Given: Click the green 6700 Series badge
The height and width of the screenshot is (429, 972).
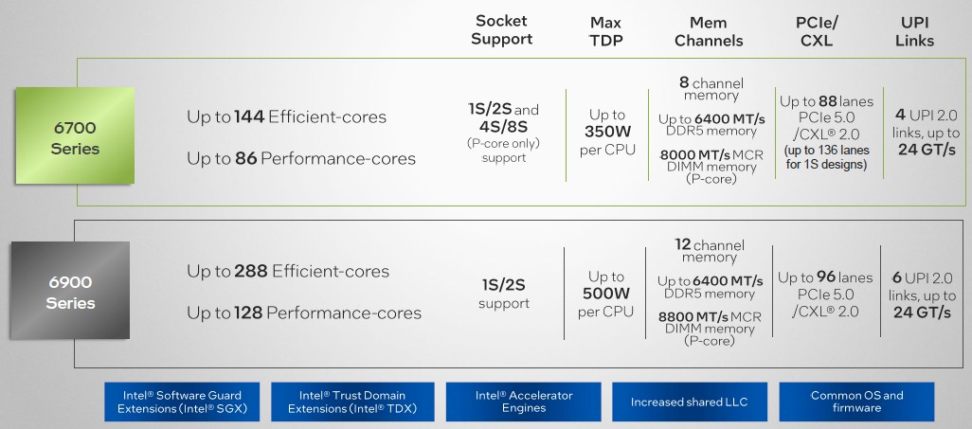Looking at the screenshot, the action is (75, 135).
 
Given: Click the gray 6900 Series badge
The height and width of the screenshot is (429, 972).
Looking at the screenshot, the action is (70, 290).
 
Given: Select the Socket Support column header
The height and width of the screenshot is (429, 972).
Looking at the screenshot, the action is (501, 29).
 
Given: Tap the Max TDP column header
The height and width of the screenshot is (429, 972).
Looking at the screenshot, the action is (605, 31).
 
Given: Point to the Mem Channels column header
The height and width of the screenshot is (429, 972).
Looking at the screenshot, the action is (709, 31).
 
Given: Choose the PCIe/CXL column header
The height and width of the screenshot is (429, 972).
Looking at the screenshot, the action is (817, 31).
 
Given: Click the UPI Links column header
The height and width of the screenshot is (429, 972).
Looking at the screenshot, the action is (914, 31).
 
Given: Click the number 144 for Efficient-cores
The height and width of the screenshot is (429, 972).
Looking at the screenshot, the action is (249, 116).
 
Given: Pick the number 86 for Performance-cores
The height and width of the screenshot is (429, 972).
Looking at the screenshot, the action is (246, 159).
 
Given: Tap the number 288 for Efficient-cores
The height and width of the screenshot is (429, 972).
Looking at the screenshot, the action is (251, 271).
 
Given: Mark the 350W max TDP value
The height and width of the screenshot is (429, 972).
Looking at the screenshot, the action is (607, 132).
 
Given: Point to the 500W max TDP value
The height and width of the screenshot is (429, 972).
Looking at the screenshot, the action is (605, 294).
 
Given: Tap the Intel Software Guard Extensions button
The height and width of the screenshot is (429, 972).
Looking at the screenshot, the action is (182, 402).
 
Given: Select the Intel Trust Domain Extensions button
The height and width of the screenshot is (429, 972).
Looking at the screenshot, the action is (352, 402).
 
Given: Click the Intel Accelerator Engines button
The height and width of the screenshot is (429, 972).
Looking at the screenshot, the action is (524, 402).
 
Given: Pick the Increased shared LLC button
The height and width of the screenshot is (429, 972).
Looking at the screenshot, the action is (690, 402).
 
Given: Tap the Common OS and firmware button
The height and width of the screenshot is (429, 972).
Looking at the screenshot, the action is (856, 402).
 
